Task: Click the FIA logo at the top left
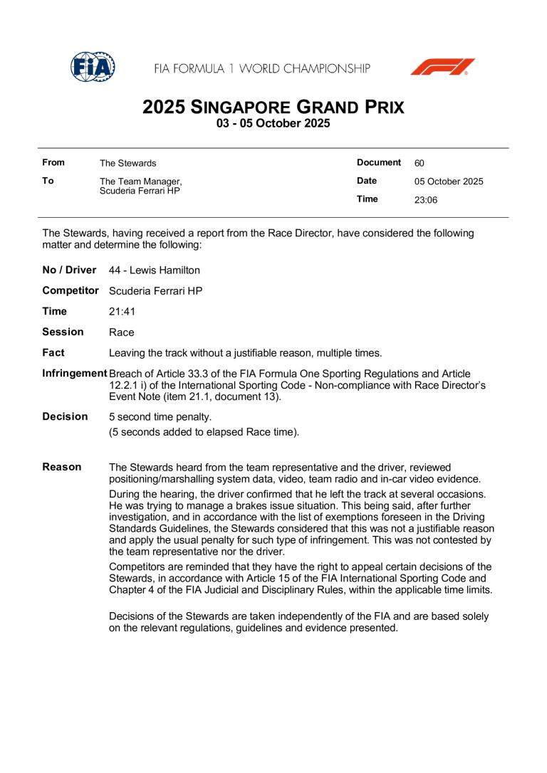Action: tap(93, 67)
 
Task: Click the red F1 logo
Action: tap(442, 68)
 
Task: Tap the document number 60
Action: tap(420, 163)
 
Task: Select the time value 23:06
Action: tap(426, 200)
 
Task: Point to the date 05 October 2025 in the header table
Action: tap(449, 182)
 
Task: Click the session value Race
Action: tap(122, 332)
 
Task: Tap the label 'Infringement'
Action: tap(75, 374)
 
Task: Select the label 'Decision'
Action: tap(66, 416)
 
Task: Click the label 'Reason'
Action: tap(62, 467)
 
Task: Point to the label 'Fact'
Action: tap(53, 352)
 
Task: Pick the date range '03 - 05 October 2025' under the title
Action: tap(273, 123)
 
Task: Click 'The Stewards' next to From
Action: tap(127, 163)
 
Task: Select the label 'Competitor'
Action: tap(71, 290)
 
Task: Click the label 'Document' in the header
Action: tap(379, 162)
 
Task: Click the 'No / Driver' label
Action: tap(70, 270)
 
